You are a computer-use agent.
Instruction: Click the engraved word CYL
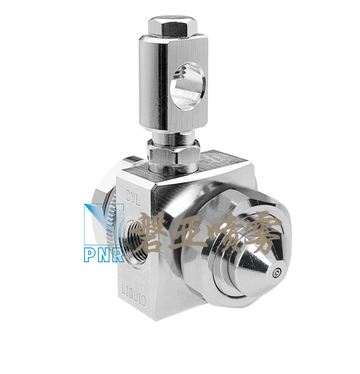pos(133,197)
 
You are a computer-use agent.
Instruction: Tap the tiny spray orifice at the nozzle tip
pos(277,272)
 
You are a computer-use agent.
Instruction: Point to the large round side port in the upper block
pos(188,86)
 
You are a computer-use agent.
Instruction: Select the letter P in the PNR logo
pos(90,256)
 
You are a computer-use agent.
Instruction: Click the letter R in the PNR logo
pos(118,256)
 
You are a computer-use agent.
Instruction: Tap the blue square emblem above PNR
pos(104,224)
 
